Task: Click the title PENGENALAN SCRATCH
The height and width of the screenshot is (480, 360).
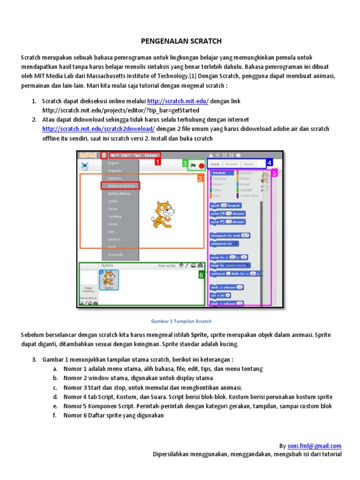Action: [181, 41]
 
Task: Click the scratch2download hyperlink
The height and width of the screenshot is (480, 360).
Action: [98, 128]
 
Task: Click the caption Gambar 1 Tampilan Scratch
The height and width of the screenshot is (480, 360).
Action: [180, 322]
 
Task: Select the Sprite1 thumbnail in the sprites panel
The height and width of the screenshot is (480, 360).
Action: [108, 280]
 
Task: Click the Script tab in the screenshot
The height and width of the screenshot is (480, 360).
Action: [215, 164]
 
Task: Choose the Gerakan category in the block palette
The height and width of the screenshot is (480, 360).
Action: [219, 173]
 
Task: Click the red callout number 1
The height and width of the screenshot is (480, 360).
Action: [157, 162]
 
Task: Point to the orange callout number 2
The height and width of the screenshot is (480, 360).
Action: [199, 179]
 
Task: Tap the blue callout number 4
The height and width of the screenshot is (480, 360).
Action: [269, 164]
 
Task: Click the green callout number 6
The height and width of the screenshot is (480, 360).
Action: [201, 276]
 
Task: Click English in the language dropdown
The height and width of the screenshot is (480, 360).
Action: [114, 163]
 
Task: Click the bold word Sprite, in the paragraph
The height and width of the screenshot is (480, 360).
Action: [200, 335]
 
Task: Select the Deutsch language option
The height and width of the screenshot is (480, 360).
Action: [114, 239]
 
